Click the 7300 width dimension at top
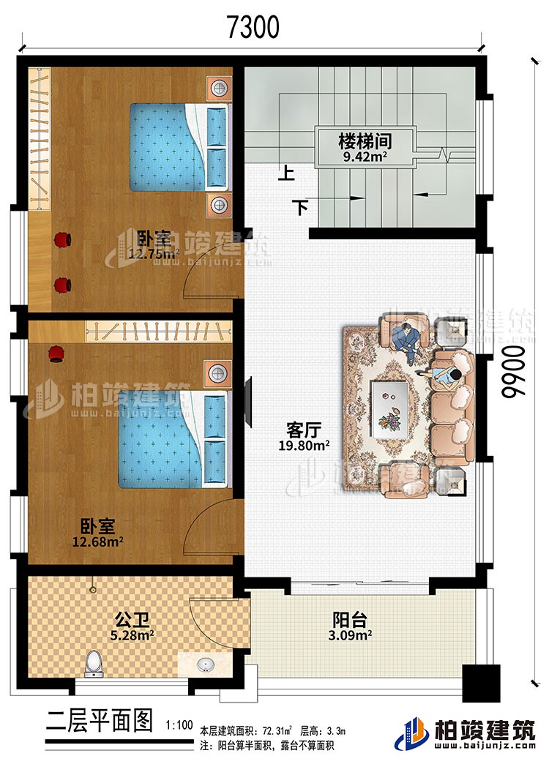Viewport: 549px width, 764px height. [253, 27]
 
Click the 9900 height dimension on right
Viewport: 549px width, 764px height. [515, 372]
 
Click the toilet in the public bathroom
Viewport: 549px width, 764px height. [93, 663]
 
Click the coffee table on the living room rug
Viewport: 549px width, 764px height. [389, 407]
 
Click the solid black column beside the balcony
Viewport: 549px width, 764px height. [480, 686]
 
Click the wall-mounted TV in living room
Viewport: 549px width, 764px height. [250, 402]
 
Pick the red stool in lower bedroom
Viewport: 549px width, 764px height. [55, 355]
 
